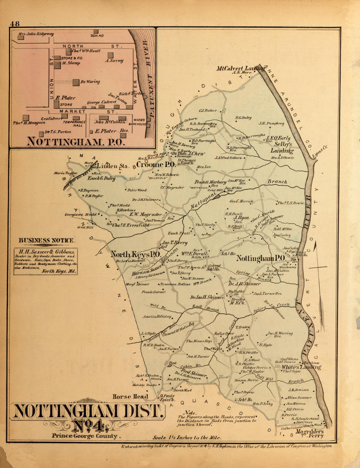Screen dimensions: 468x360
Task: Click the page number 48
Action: click(x=15, y=24)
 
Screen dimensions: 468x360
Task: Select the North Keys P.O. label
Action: click(x=135, y=254)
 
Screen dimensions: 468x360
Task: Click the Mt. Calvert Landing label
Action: click(x=241, y=68)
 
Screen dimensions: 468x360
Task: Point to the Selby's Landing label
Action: click(x=281, y=148)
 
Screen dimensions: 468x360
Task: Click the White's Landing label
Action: click(x=301, y=367)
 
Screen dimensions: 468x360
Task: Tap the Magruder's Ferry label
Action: click(x=310, y=434)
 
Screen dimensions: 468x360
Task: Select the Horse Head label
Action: click(x=130, y=397)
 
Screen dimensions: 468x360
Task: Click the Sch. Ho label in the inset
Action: click(x=97, y=35)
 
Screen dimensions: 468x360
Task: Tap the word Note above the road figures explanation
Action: click(x=190, y=412)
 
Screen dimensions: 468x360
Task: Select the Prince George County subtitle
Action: click(x=84, y=436)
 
